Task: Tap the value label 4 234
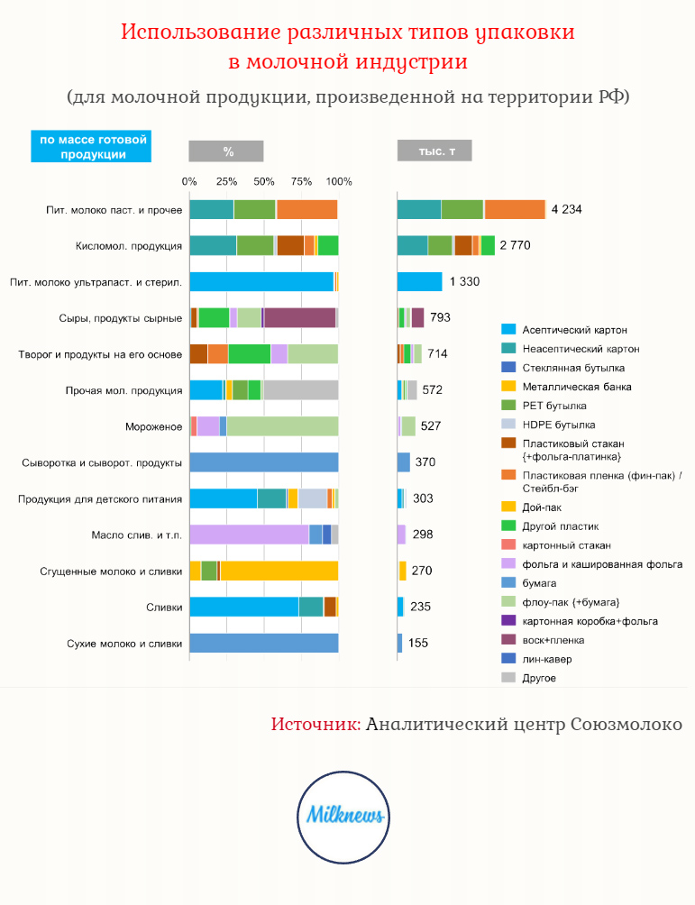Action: [x=567, y=209]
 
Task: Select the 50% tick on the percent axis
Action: [x=264, y=181]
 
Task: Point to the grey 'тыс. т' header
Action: [x=434, y=151]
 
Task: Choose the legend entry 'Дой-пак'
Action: [x=542, y=507]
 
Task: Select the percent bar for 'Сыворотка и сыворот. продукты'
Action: [x=263, y=462]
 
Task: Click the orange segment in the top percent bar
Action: [x=306, y=209]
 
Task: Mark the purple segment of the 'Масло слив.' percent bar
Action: [x=249, y=535]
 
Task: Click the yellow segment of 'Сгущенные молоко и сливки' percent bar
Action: [x=279, y=571]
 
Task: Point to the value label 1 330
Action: [x=464, y=282]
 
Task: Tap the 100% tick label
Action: [x=339, y=181]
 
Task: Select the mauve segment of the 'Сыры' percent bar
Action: [x=299, y=317]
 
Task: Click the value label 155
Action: [x=418, y=644]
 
